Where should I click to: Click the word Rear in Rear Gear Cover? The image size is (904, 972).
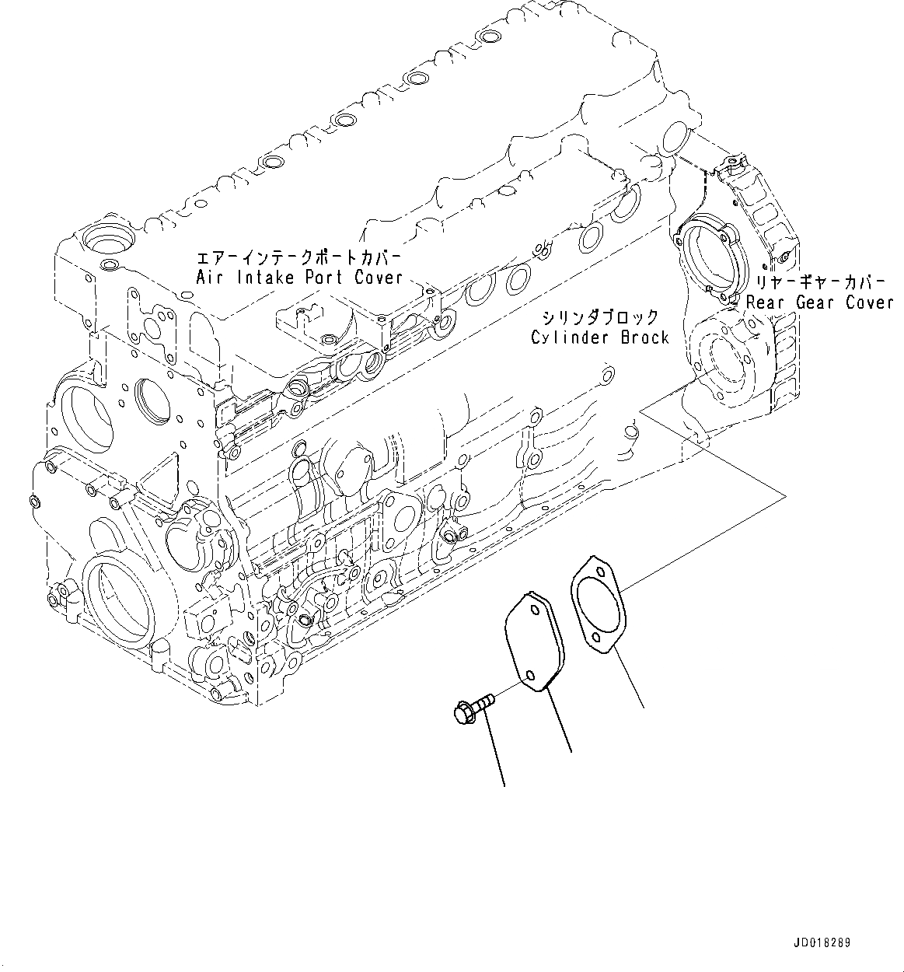[767, 302]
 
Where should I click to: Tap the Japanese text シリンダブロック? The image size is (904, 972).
[600, 317]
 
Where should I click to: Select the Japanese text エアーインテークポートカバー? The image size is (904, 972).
[298, 257]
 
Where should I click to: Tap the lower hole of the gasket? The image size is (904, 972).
[595, 639]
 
